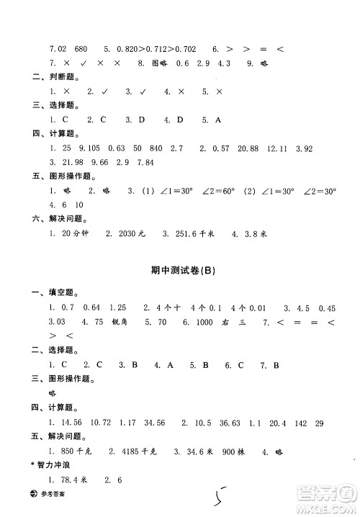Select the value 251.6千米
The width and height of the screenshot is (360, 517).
197,234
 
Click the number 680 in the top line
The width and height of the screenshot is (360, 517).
81,49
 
